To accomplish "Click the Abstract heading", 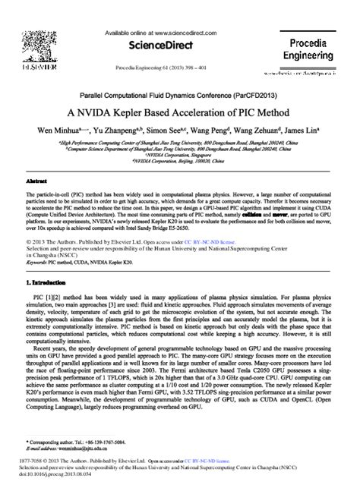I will (36, 183).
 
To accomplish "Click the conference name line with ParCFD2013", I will (180, 96).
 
